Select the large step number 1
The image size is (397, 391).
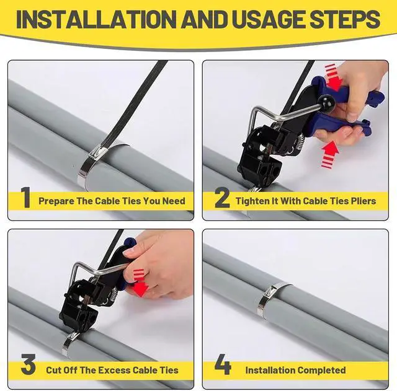26,197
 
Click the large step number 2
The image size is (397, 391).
222,198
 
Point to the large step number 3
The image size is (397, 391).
29,364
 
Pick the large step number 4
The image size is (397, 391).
223,364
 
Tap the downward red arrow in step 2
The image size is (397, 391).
334,77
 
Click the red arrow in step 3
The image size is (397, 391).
141,283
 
